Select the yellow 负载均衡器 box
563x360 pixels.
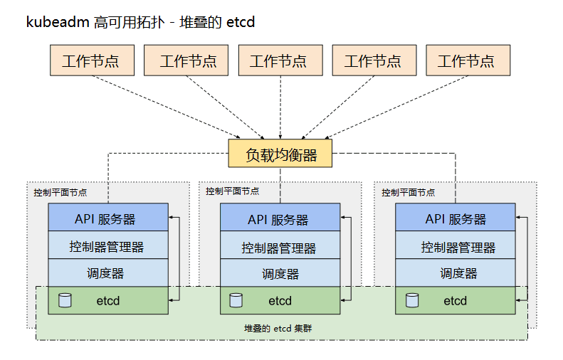(280, 154)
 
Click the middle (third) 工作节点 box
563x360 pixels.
(280, 60)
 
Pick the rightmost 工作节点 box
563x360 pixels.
(468, 60)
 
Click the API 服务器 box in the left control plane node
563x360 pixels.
(108, 218)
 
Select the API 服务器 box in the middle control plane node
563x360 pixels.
(280, 218)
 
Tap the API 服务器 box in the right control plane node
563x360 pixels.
(455, 218)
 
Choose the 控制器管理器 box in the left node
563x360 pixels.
(108, 245)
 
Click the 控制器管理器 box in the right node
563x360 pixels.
(455, 246)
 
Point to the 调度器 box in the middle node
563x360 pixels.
(280, 273)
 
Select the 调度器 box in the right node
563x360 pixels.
(455, 272)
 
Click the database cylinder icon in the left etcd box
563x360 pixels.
(65, 300)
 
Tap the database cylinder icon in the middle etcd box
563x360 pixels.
(236, 300)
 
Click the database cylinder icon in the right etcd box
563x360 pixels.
(411, 300)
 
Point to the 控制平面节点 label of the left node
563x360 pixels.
(60, 192)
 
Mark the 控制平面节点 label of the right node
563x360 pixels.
(408, 192)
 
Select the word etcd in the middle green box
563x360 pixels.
(280, 301)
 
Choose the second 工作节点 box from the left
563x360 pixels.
(186, 60)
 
